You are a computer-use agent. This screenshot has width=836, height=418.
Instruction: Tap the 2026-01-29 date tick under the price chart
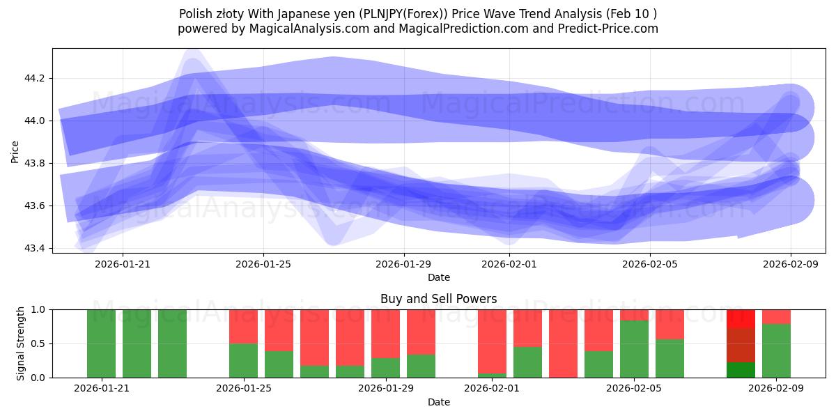[403, 263]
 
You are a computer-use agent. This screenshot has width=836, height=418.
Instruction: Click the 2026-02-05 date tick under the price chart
[650, 263]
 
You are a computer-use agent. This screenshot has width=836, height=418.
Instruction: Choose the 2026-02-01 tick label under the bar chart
[492, 388]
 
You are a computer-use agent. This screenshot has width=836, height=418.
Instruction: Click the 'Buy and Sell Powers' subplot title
[438, 299]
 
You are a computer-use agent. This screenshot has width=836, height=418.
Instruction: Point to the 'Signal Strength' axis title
[20, 343]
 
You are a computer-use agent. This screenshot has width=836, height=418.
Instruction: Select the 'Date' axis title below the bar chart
[438, 402]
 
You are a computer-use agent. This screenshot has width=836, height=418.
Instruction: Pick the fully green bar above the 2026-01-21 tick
[101, 343]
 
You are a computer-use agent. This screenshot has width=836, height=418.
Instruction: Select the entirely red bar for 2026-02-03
[563, 343]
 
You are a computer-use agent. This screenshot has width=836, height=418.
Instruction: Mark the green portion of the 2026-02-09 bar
[776, 350]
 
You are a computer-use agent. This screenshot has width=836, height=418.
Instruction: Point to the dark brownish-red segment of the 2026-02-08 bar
[741, 345]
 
